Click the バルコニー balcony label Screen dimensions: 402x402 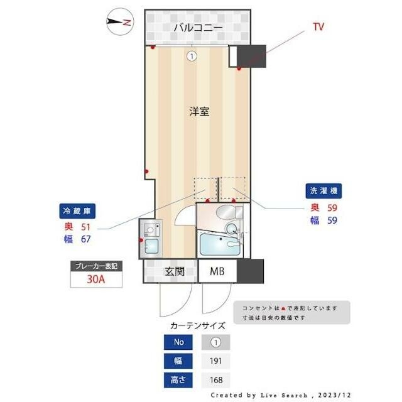point(197,28)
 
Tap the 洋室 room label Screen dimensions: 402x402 point(199,112)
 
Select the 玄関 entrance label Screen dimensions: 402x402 point(174,272)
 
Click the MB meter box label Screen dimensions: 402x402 point(217,272)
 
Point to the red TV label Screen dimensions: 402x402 point(318,27)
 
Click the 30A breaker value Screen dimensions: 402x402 point(95,280)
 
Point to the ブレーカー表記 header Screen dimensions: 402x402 point(95,266)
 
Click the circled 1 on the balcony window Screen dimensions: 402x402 point(192,56)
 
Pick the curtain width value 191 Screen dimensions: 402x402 point(215,361)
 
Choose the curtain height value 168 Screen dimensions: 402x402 point(215,380)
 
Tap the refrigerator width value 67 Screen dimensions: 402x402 point(86,239)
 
